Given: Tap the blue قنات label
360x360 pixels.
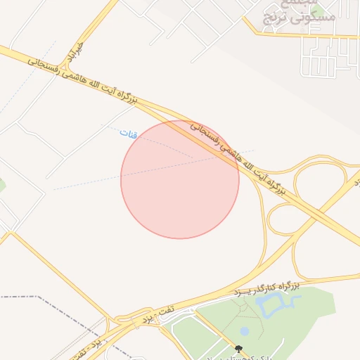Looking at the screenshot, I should (x=129, y=133).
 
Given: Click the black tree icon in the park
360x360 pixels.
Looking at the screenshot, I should (x=239, y=349).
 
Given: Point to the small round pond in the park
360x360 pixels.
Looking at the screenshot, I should (x=244, y=330).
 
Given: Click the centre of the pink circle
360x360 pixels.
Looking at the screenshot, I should (x=180, y=179).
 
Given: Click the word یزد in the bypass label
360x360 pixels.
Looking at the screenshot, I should (x=243, y=291).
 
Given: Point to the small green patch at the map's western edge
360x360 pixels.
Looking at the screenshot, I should (x=2, y=186).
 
